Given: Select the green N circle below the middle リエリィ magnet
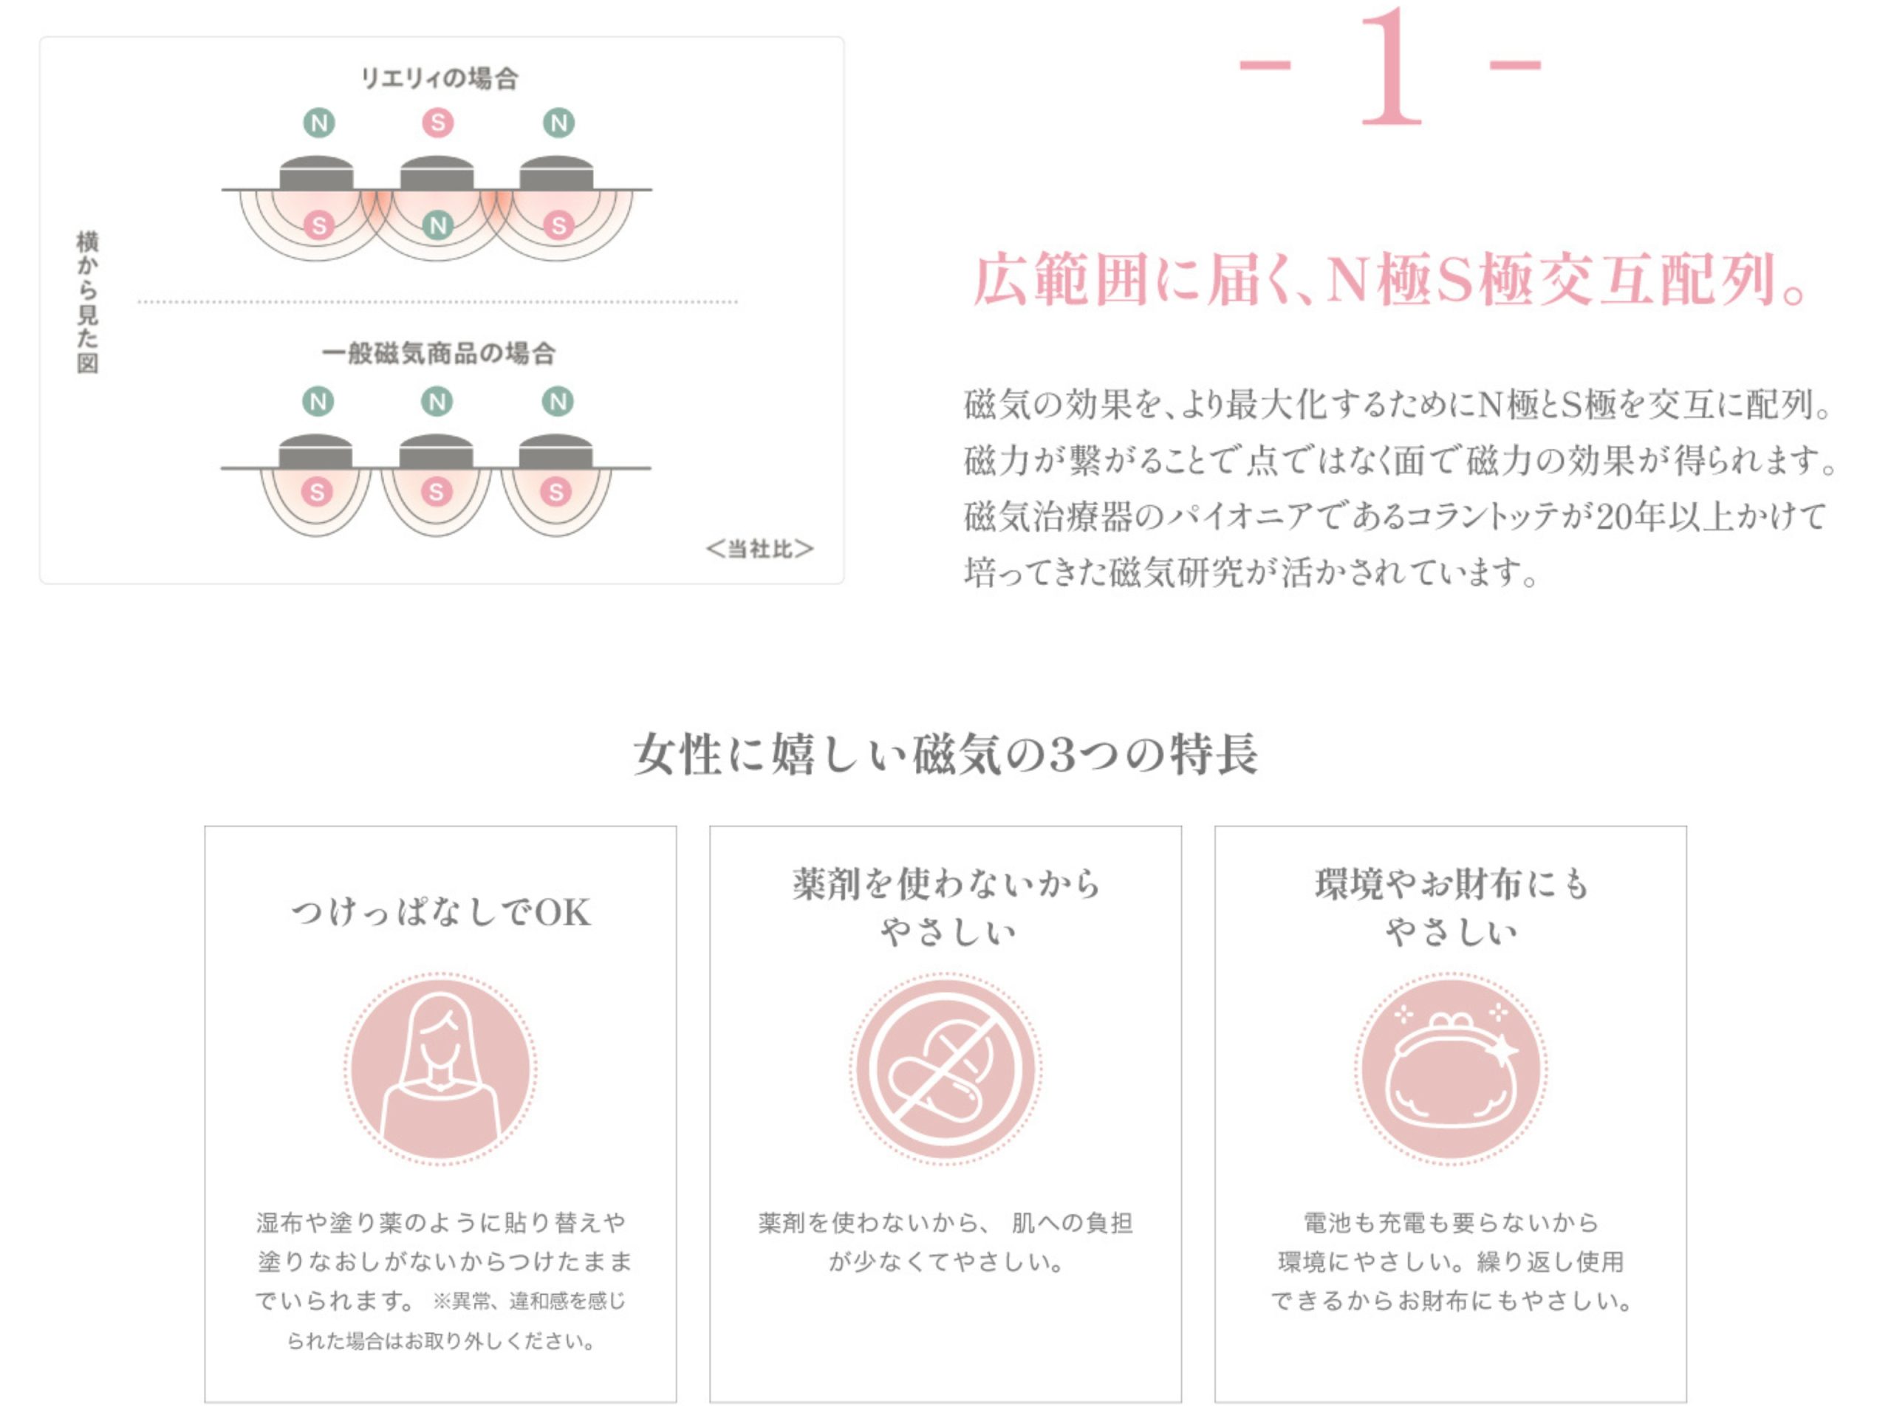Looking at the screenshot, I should click(438, 226).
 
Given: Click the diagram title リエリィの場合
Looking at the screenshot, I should click(439, 78).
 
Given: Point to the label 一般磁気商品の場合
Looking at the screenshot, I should click(439, 353).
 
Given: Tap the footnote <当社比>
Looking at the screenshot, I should click(759, 549).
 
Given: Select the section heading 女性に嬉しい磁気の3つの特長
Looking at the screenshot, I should click(945, 754).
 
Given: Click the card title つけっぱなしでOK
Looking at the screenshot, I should click(440, 913).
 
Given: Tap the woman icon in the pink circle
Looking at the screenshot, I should click(440, 1069).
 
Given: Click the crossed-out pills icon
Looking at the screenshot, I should click(945, 1069).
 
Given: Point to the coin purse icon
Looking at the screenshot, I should click(1451, 1069).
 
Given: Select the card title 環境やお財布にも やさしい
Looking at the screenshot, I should click(1451, 907).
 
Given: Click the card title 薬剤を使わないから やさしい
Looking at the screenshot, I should click(945, 907).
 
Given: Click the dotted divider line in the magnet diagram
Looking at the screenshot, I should click(438, 302).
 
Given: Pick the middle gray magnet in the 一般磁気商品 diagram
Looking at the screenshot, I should click(437, 452).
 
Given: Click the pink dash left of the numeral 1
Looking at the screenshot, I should click(1265, 65).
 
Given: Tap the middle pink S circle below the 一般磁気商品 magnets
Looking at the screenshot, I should click(437, 491).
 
